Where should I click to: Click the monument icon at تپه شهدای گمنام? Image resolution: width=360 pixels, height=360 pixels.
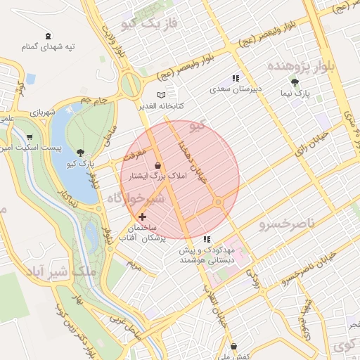tap(47, 35)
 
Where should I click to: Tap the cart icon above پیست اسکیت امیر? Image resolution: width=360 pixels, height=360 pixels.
tap(29, 137)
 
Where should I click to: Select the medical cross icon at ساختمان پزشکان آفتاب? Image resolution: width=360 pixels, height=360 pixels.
tap(143, 217)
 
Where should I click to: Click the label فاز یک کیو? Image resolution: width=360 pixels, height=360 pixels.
tap(146, 25)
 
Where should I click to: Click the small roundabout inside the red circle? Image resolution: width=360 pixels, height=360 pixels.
tap(219, 202)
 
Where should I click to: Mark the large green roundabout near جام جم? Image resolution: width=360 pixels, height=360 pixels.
tap(130, 84)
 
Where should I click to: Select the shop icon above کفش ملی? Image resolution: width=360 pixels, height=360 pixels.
tap(233, 345)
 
